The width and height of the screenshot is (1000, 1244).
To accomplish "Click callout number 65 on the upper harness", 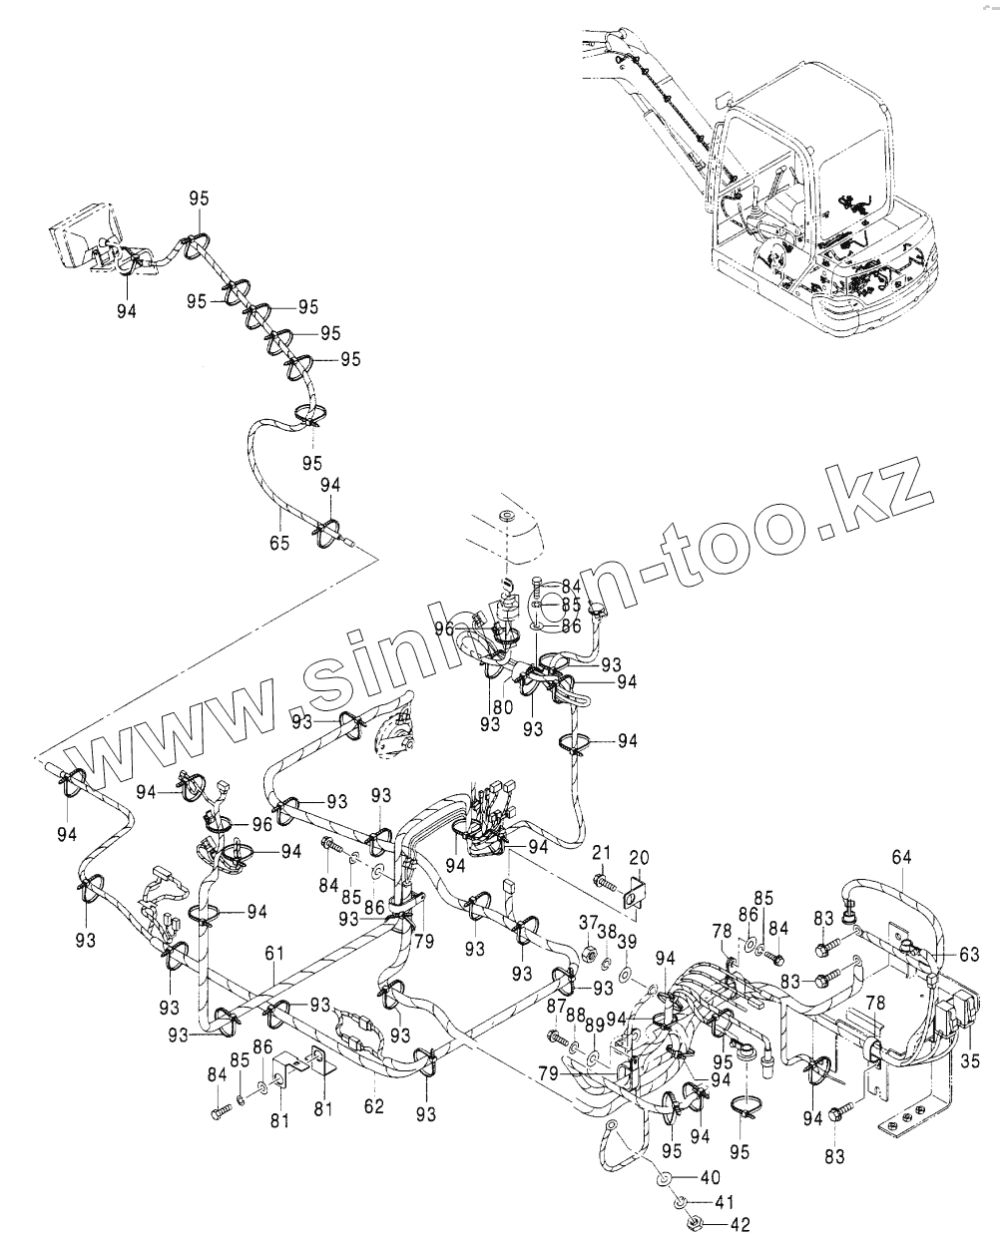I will [x=279, y=544].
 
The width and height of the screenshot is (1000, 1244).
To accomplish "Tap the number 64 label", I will [x=902, y=857].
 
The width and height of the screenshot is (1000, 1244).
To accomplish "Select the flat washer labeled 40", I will [x=663, y=1180].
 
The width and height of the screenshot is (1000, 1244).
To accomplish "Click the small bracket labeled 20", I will [x=633, y=891].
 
